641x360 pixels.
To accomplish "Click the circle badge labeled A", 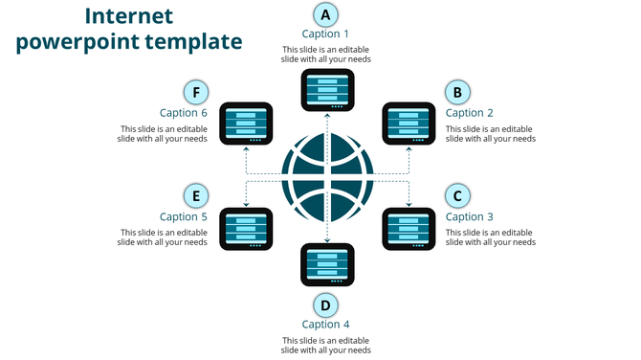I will tap(326, 14).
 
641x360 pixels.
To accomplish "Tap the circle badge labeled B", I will tap(457, 92).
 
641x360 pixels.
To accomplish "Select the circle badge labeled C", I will tap(457, 196).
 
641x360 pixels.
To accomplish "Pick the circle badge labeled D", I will tap(326, 304).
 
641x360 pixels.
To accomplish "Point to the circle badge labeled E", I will tap(196, 196).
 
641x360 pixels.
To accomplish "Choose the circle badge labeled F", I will tap(196, 92).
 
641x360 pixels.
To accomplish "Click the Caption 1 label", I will tap(326, 34).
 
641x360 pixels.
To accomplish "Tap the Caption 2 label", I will tap(470, 113).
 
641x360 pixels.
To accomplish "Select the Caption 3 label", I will tap(470, 217).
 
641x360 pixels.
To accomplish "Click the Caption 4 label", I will tap(326, 325).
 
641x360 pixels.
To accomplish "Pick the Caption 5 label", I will tap(184, 217).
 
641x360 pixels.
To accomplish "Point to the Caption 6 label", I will tap(184, 113).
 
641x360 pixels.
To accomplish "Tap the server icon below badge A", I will tap(326, 89).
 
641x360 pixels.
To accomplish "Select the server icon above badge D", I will tap(326, 265).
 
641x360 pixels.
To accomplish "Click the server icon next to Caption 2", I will tap(409, 124).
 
